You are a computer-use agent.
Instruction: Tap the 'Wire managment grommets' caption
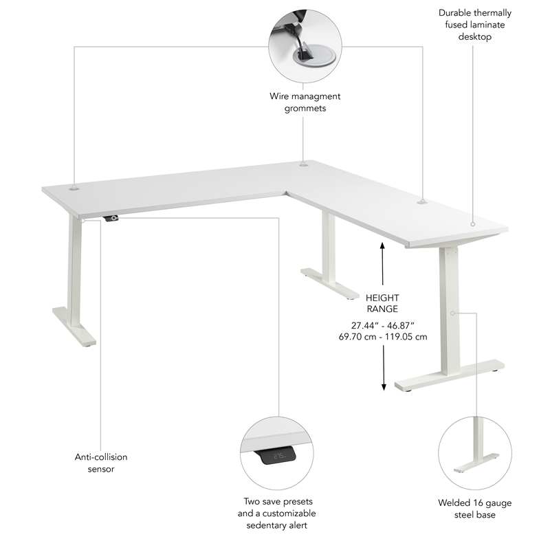[x=305, y=102]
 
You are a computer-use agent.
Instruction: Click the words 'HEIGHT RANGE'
[x=382, y=303]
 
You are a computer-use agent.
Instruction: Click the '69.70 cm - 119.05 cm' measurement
[x=382, y=337]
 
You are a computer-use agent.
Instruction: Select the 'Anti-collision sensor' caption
[x=101, y=463]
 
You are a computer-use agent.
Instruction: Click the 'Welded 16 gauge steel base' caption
[x=476, y=508]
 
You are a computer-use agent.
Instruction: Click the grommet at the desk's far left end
[x=74, y=186]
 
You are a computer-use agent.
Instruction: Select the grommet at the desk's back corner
[x=303, y=164]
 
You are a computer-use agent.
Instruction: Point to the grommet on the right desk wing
[x=421, y=201]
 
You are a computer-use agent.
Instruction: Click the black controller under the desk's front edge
[x=111, y=219]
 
